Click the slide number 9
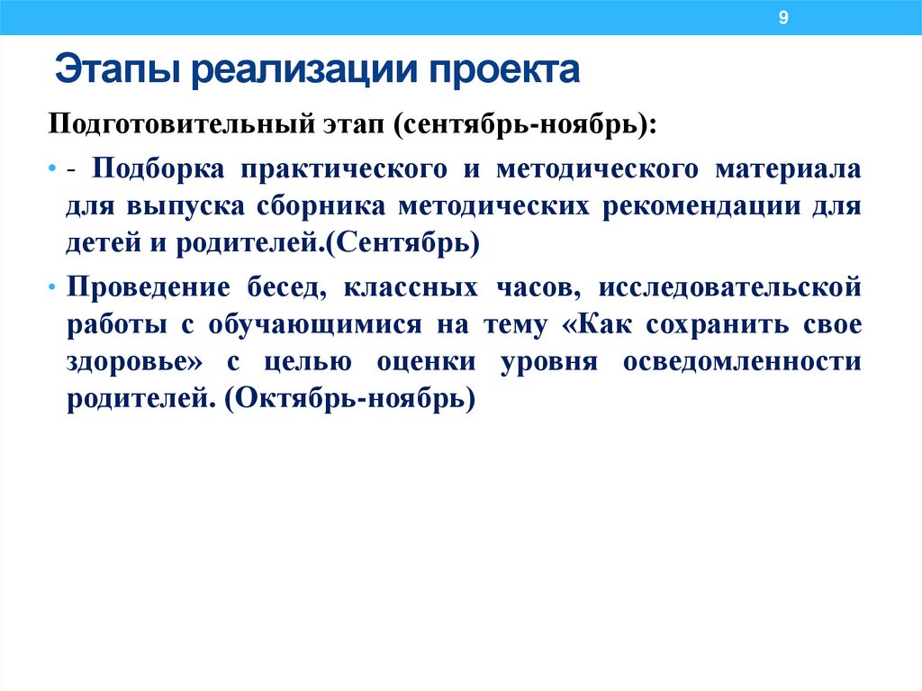coord(782,18)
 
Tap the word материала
coord(800,169)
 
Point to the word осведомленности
coord(750,361)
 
